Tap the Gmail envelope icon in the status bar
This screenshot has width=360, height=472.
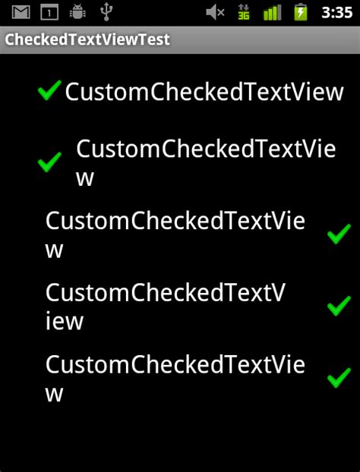21,13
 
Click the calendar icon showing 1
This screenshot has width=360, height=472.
49,13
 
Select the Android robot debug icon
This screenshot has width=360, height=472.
77,13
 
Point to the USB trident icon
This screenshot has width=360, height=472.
106,13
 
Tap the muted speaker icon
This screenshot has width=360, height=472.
215,13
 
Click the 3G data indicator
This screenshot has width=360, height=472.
243,13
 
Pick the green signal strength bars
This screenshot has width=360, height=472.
273,13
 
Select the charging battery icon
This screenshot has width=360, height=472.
300,13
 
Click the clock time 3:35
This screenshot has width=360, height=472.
336,13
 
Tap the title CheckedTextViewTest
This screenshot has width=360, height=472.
87,39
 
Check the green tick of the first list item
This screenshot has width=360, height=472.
49,90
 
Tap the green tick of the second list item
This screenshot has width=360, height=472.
49,162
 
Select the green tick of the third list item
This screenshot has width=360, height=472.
339,234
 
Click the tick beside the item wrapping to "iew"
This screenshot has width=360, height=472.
339,306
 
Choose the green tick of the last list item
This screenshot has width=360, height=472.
339,377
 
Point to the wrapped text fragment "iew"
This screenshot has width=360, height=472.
65,321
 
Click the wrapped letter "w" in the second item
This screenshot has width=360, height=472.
85,179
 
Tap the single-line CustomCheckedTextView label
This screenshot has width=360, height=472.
204,92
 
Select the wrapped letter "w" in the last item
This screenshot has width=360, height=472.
54,395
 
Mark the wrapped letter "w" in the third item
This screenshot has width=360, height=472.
54,250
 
